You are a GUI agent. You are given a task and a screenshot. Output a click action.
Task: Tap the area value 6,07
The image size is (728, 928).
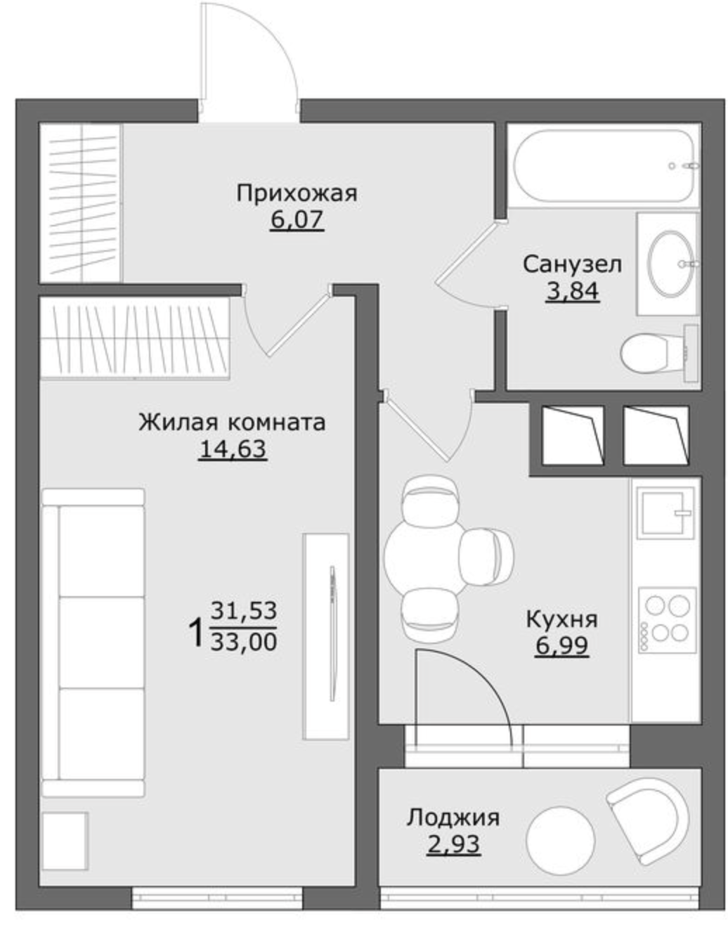pos(297,220)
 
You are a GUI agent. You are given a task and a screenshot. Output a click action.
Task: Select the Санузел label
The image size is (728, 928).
pos(572,264)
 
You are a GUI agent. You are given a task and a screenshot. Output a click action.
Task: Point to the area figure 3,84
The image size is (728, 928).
pos(572,291)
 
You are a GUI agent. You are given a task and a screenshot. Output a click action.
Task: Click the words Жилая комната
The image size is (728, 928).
pos(232,423)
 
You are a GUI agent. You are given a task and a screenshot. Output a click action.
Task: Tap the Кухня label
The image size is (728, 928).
pos(561,619)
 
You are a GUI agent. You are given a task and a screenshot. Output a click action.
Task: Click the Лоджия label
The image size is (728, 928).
pos(453,818)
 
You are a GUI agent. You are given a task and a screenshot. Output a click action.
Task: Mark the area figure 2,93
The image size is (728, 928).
pos(454,844)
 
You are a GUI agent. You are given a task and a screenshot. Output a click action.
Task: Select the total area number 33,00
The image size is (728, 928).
pos(244,641)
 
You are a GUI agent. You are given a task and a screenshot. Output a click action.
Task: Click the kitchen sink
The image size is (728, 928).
pos(665,513)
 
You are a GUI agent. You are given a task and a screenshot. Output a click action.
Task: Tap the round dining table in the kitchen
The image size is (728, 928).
pos(427,555)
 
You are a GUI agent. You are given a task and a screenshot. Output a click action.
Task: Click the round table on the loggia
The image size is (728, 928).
pos(560,840)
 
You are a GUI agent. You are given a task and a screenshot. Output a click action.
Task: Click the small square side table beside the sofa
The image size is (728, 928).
pos(65,841)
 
